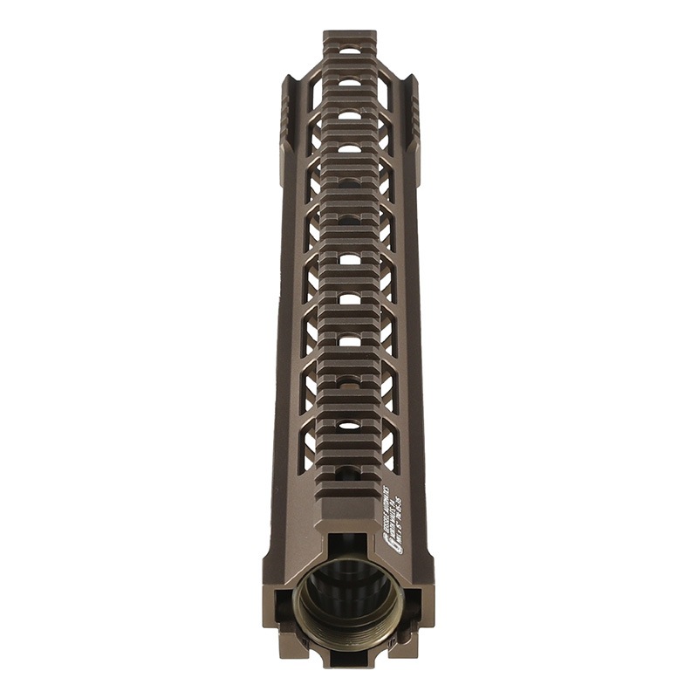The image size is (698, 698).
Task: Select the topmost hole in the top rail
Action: pos(349,51)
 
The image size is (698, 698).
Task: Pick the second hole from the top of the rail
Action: pos(349,82)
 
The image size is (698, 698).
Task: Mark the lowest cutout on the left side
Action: pos(308,445)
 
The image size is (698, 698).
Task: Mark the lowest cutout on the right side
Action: pos(390,445)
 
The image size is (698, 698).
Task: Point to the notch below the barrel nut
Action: pos(349,658)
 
